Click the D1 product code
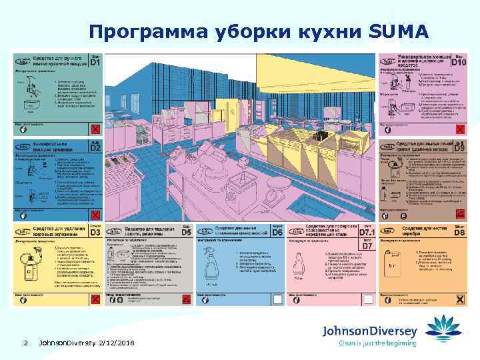tap(95, 63)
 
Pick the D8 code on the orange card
tap(458, 233)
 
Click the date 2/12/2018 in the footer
tap(116, 342)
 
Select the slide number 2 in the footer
tap(24, 342)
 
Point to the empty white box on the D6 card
tap(278, 299)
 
